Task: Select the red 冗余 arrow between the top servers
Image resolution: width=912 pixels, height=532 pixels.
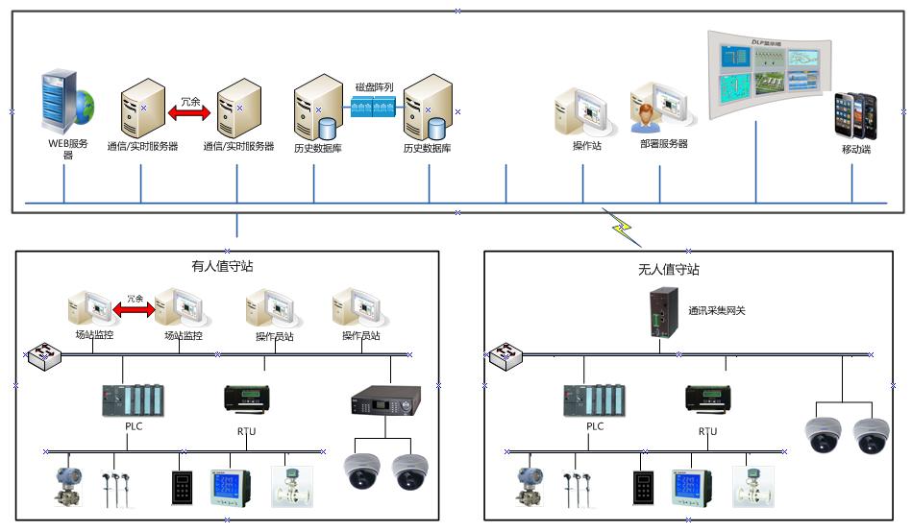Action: click(x=189, y=112)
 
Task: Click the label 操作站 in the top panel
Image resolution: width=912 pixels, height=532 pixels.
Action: click(x=586, y=146)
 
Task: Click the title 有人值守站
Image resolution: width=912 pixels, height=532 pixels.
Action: click(x=222, y=266)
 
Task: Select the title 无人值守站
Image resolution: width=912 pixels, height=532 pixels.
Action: click(x=669, y=270)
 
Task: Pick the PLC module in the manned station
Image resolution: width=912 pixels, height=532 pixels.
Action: click(x=134, y=400)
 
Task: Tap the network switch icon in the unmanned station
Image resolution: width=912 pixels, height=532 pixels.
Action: click(x=504, y=357)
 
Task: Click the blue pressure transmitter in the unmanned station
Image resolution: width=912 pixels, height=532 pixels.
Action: click(x=528, y=484)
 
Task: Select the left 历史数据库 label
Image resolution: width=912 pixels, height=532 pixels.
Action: click(x=319, y=148)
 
